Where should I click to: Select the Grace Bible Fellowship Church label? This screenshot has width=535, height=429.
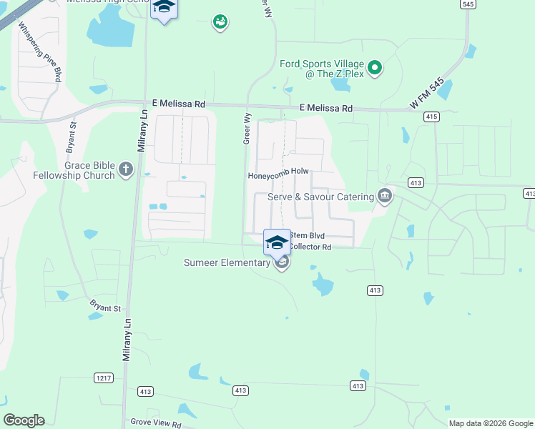pos(74,170)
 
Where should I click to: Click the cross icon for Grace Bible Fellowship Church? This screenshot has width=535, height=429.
pos(126,169)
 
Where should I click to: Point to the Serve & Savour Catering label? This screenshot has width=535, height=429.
pos(320,197)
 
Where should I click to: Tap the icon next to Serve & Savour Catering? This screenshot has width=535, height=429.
pos(385,196)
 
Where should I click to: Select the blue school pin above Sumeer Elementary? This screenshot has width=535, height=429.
pos(277,242)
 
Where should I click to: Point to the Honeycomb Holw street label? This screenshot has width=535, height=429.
pos(278,175)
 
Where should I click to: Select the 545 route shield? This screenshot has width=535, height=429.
pos(468,4)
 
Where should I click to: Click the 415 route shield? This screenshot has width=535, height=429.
pos(431,116)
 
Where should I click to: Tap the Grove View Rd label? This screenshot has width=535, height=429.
pos(156,423)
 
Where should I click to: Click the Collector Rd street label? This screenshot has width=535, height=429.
pos(310,247)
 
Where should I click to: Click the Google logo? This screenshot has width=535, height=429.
pos(24,420)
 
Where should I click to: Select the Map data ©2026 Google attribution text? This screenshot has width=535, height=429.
pos(490,423)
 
